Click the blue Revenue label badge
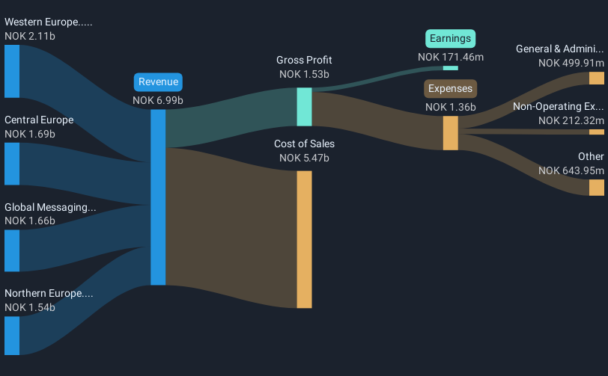pos(158,82)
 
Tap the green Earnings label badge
pos(451,38)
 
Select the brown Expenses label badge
pos(450,89)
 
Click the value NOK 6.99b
pos(158,100)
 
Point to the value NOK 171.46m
pos(451,56)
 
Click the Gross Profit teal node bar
pos(304,107)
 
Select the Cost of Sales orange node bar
pos(304,239)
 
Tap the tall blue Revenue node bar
pos(158,197)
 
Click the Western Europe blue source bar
pos(12,71)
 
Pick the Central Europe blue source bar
pos(12,164)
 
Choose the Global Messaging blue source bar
pos(12,250)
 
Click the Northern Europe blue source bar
pos(12,336)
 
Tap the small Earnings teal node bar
pos(451,68)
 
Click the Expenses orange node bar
pos(450,133)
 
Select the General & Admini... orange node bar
pos(596,78)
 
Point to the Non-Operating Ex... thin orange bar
pos(596,132)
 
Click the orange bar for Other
pos(596,187)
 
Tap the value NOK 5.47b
pos(304,158)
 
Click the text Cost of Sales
pos(304,144)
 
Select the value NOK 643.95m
pos(571,171)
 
